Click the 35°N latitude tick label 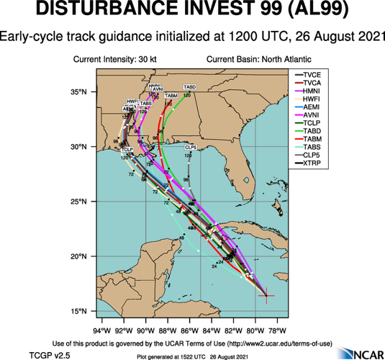[x=78, y=92]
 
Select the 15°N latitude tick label [x=78, y=311]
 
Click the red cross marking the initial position [x=266, y=295]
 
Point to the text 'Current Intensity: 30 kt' [x=116, y=58]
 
